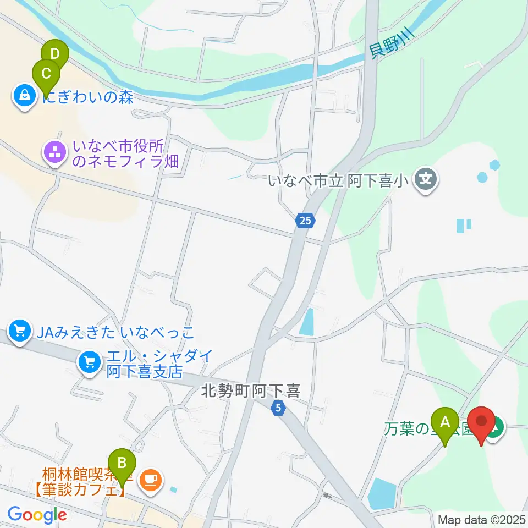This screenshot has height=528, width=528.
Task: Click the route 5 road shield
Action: coord(279,409)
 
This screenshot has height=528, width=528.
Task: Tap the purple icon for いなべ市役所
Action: coord(55,155)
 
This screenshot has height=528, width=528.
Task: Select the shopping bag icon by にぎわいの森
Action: coord(25,97)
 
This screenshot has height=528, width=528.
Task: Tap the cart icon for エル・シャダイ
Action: coord(89,362)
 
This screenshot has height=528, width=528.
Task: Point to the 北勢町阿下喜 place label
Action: coord(250,391)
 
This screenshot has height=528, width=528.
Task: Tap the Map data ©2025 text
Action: coord(482,519)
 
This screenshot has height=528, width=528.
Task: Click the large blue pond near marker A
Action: coord(381,492)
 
